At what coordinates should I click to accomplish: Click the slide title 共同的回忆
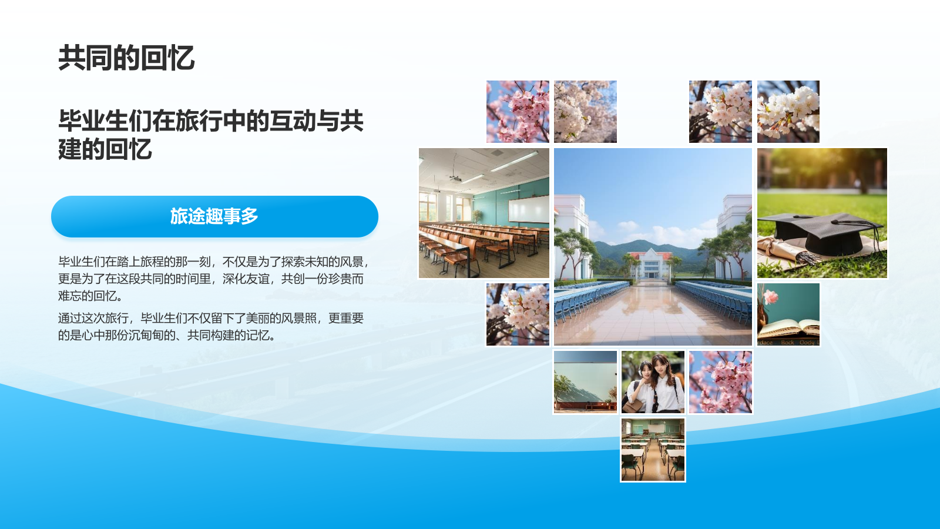(126, 58)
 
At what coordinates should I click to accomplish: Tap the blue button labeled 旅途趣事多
(214, 216)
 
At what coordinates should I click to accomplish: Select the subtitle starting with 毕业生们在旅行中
(210, 135)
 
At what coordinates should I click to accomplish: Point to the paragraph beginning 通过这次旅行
(210, 327)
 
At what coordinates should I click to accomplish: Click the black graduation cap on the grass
(822, 232)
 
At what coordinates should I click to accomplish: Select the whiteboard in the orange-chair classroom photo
(528, 209)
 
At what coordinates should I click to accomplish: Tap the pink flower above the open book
(770, 297)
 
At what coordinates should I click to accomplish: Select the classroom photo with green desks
(653, 450)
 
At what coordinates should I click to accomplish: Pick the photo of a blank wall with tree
(585, 382)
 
